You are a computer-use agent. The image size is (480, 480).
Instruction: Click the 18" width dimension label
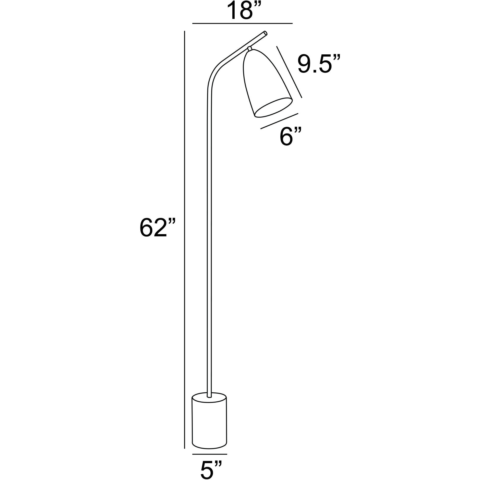242,11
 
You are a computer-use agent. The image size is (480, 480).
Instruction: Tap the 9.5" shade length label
319,64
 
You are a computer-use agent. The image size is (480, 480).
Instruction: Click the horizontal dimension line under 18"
242,23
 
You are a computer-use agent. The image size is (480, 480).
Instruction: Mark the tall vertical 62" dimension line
184,230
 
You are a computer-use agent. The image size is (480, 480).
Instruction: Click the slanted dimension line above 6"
279,121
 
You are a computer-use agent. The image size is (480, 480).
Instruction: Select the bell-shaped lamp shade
263,82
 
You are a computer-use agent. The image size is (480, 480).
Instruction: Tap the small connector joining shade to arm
250,49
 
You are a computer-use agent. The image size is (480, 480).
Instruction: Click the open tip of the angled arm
266,33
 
